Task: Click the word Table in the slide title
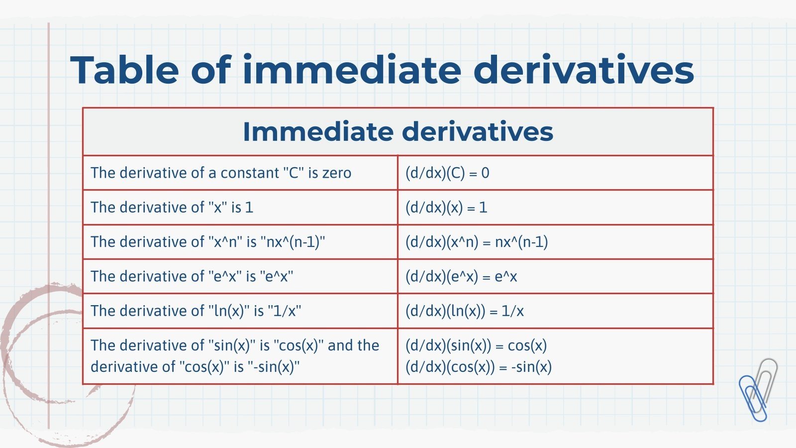point(124,70)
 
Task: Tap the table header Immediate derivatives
point(398,132)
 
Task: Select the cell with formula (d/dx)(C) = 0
point(447,173)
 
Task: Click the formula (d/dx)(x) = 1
point(446,208)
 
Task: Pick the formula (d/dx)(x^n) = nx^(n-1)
point(477,242)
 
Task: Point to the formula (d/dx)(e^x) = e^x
point(461,277)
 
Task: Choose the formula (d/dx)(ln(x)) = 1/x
point(465,311)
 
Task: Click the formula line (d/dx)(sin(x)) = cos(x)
point(476,345)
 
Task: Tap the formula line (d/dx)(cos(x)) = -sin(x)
point(479,367)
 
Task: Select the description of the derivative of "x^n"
point(208,242)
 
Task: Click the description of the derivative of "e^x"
point(192,277)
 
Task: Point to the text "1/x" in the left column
point(285,311)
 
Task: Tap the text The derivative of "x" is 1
point(172,208)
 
